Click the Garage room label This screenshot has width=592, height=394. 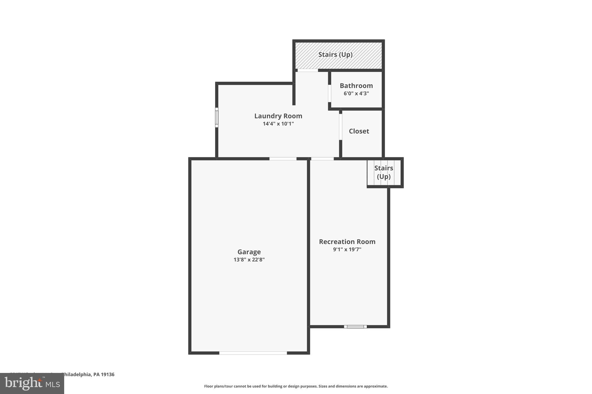point(249,252)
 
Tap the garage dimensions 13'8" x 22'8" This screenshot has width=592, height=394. point(249,260)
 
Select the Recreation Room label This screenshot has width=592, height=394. point(347,242)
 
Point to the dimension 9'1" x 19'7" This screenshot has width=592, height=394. point(347,250)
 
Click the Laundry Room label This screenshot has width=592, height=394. point(278,116)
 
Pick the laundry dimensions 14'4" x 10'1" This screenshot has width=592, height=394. point(278,124)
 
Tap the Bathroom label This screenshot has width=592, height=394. point(356,86)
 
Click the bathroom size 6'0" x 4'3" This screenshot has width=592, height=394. point(356,94)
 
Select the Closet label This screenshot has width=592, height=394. point(359,131)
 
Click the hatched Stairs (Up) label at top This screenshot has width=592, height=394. point(335,55)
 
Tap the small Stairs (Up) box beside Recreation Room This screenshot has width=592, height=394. point(384,172)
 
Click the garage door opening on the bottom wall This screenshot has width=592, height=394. point(253,353)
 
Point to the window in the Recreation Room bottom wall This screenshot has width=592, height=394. point(355,326)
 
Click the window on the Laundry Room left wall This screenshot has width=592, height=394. point(217,117)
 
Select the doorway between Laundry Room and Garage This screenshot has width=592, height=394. point(283,158)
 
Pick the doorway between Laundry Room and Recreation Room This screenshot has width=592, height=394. point(322,158)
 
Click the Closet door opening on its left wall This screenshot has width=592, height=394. point(341,127)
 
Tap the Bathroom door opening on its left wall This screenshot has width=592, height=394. point(330,93)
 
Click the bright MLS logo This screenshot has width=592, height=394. point(32,384)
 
